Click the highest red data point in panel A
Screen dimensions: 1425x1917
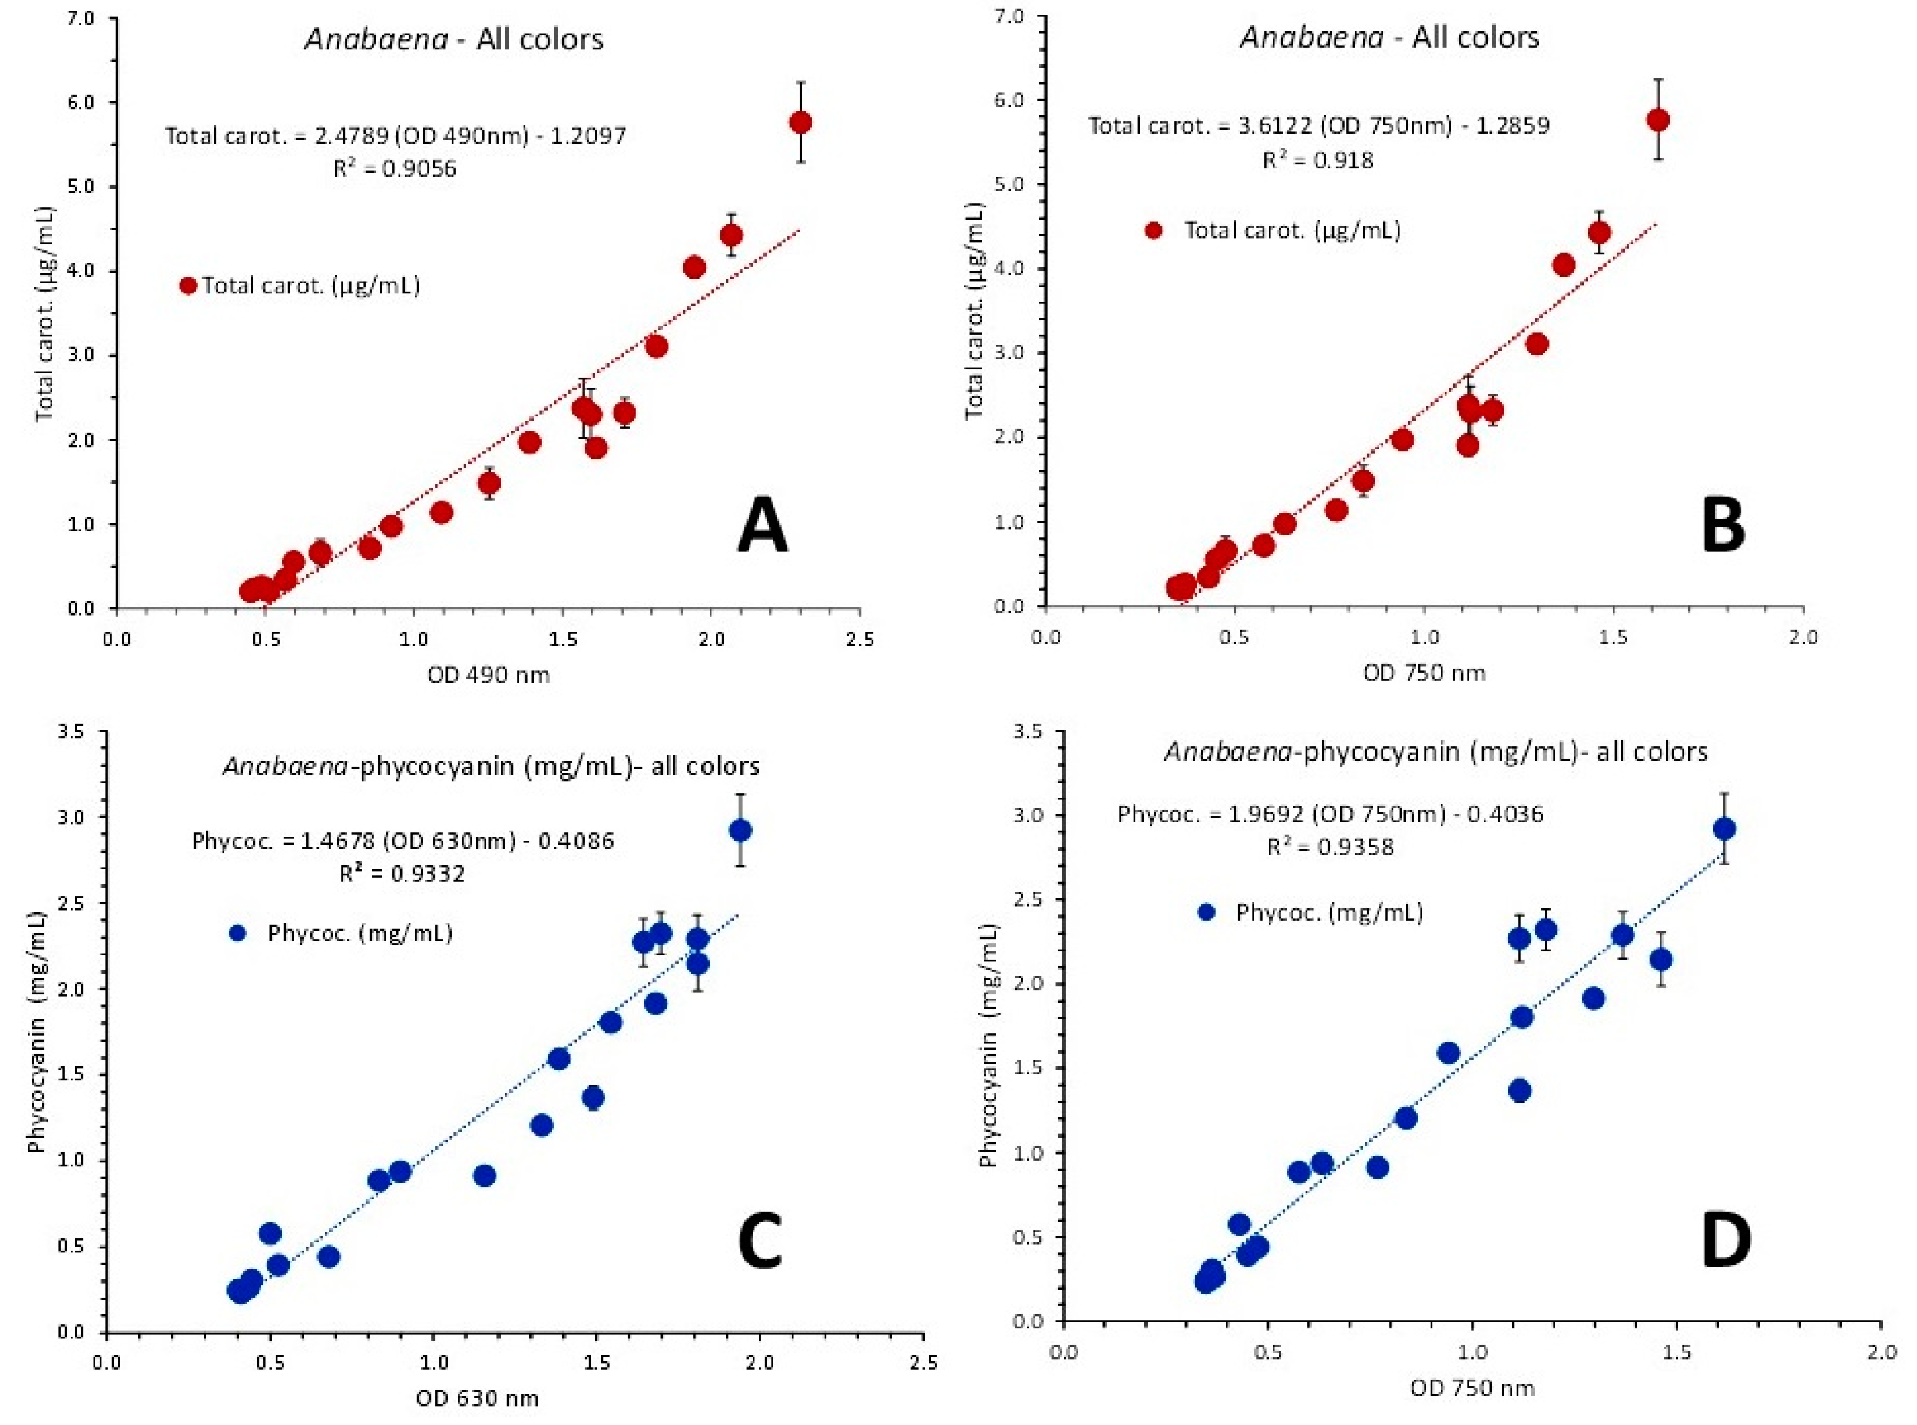point(800,123)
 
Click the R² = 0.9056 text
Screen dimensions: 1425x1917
point(395,168)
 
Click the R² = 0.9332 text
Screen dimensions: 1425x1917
point(403,874)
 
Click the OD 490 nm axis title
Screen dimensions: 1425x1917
point(488,675)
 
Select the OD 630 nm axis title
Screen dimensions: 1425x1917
point(477,1397)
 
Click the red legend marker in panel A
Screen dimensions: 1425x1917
point(188,286)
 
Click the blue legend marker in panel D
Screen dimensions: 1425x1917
point(1206,912)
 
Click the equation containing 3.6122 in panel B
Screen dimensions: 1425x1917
point(1319,126)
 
